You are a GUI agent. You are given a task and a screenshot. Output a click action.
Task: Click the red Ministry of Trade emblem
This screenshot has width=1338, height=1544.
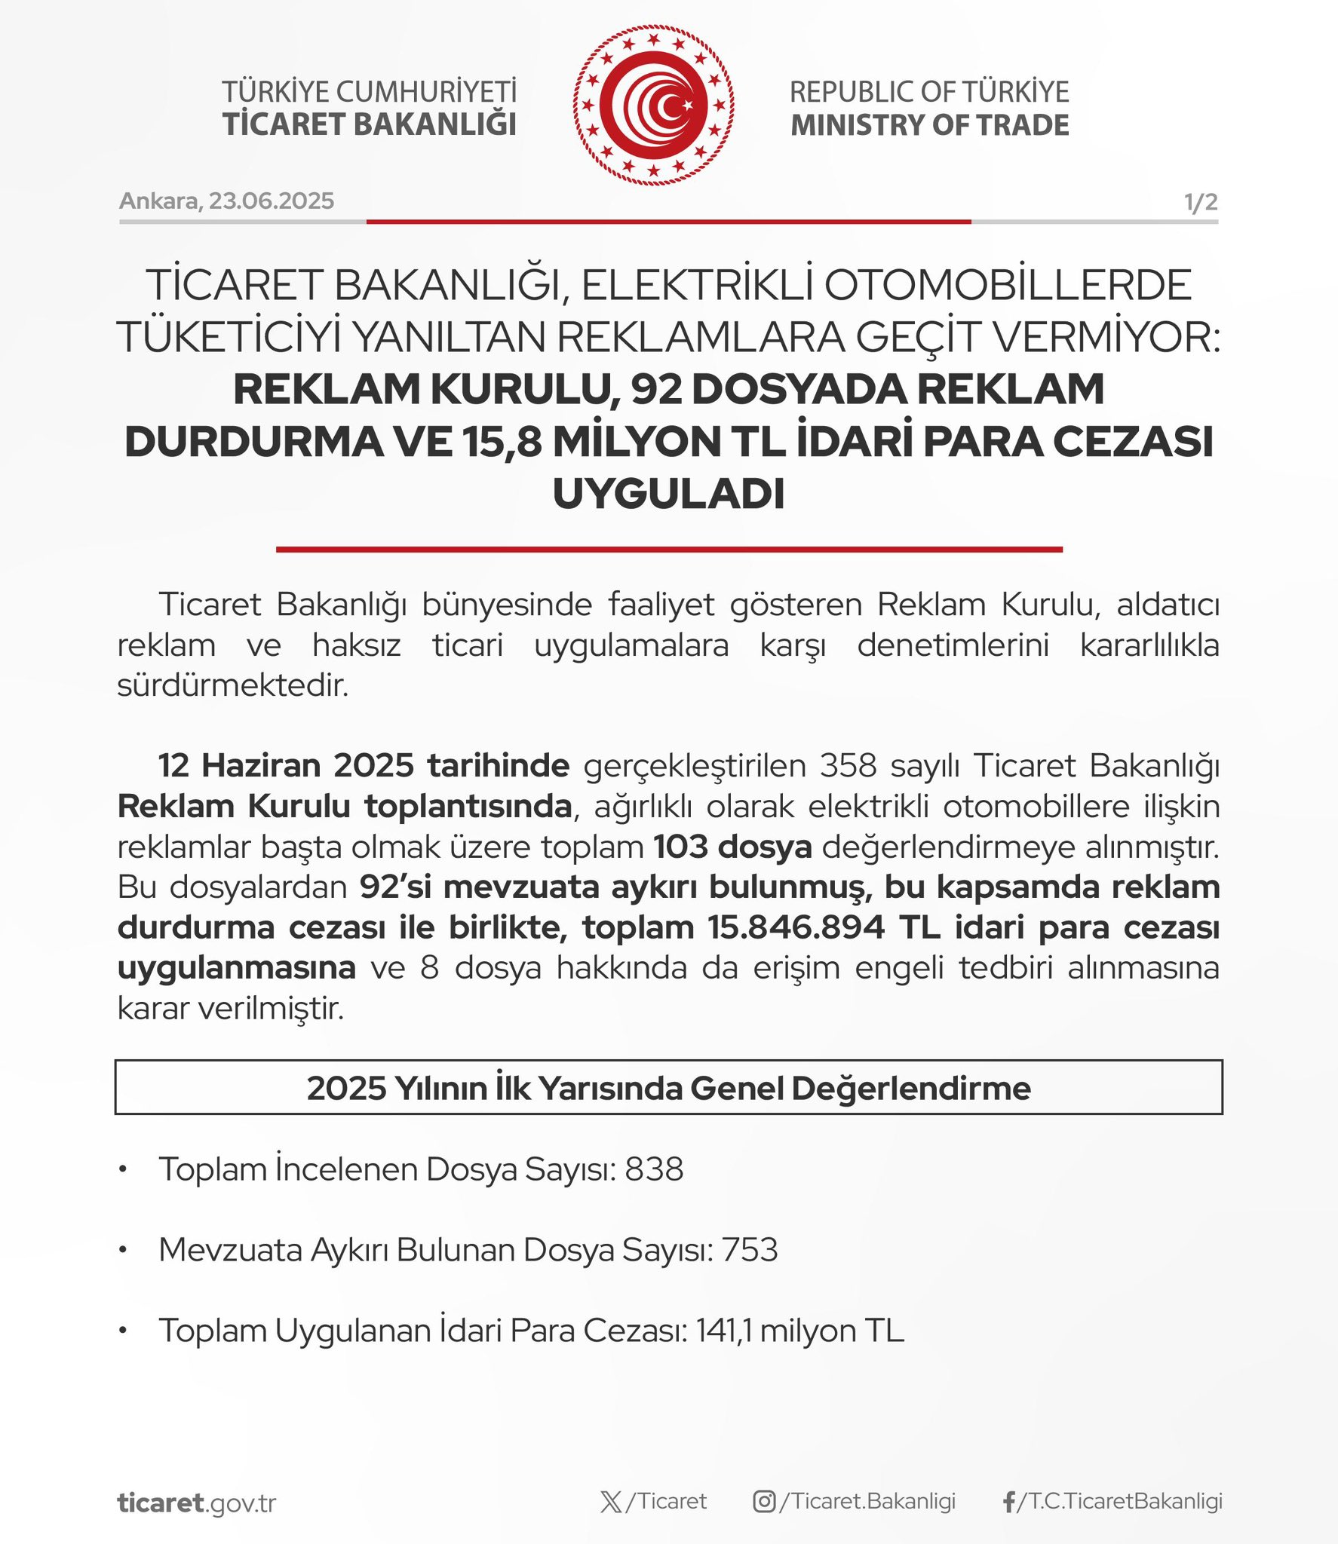coord(653,106)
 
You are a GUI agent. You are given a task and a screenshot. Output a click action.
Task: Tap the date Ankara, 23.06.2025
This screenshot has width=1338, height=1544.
coord(226,201)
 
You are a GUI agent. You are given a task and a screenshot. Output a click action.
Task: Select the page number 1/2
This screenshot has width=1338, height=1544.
coord(1200,202)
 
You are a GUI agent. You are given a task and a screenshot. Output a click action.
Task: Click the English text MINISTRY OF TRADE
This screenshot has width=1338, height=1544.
coord(929,125)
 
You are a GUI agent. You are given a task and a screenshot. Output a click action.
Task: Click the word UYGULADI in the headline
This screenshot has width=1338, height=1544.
coord(668,494)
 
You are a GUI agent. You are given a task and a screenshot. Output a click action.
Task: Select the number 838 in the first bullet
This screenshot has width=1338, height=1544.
coord(654,1169)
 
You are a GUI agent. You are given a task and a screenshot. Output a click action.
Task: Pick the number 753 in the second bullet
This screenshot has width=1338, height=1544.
coord(749,1250)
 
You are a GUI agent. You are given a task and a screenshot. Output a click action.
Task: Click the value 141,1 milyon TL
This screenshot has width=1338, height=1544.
coord(799,1331)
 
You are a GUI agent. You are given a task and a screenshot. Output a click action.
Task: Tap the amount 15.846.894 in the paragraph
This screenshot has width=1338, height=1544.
coord(796,927)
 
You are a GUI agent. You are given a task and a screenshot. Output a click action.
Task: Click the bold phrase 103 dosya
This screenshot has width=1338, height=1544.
coord(732,847)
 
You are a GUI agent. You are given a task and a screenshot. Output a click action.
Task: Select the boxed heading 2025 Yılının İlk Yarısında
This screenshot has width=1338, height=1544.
coord(668,1088)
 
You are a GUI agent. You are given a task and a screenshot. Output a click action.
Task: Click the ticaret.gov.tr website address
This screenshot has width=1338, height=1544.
coord(197,1503)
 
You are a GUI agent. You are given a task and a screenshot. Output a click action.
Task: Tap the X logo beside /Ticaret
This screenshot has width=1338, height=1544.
coord(611,1503)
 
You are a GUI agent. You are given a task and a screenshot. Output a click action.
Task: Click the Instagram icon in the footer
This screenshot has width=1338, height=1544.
coord(764,1502)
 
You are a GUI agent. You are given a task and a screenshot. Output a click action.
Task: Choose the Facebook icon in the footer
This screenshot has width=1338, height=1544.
coord(1008,1503)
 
